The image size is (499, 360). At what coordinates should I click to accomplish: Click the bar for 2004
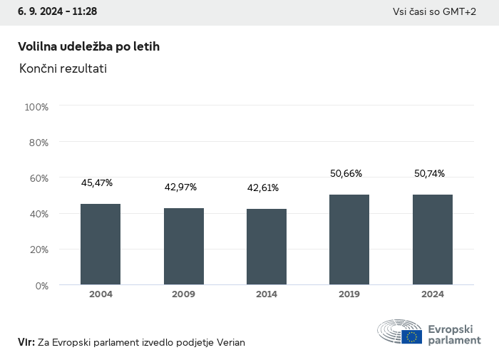coord(101,245)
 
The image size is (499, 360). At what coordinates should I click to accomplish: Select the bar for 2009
coord(184,247)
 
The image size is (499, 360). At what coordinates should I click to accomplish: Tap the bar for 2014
coord(267,247)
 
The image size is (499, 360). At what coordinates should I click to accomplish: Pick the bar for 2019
coord(349,240)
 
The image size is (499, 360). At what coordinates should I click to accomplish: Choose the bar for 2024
coord(433,240)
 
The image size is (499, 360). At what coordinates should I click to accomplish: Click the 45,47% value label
coord(97,183)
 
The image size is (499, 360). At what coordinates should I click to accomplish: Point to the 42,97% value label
coord(180,187)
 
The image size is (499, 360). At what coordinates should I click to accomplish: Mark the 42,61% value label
coord(263,188)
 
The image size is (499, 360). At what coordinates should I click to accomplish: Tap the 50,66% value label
coord(346,173)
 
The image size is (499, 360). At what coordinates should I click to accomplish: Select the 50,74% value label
coord(429,173)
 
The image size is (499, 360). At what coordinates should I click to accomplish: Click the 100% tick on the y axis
coord(36,107)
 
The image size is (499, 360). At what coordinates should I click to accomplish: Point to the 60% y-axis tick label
coord(38,178)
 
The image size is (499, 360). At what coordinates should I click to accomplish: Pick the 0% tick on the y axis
coord(41,285)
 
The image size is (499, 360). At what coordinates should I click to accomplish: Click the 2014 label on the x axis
coord(267,294)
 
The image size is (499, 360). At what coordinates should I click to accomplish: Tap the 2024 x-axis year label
coord(433,294)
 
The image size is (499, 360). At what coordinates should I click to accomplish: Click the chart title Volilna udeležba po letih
coord(88,46)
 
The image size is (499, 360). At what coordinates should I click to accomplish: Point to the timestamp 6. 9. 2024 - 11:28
coord(58,11)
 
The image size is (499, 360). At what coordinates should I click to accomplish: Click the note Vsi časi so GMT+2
coord(434,11)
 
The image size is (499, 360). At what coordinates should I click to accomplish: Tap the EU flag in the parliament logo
coord(411,336)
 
